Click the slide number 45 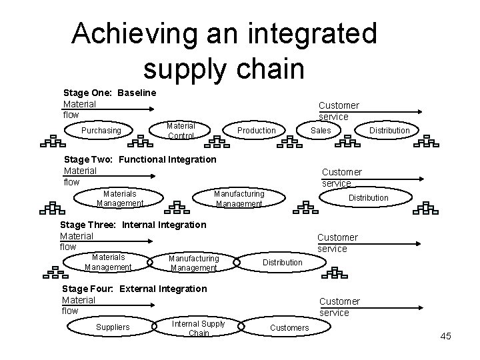[445, 336]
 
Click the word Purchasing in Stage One [101, 131]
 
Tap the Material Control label [181, 131]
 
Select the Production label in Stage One [257, 131]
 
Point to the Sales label [321, 131]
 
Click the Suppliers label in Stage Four [113, 327]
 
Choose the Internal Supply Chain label [199, 328]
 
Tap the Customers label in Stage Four [289, 327]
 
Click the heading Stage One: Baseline [109, 92]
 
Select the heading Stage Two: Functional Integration [139, 159]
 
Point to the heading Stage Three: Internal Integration [133, 224]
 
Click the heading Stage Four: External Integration [134, 289]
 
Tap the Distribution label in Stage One [389, 131]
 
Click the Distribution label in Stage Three [282, 263]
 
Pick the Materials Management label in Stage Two [120, 198]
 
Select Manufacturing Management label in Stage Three [193, 263]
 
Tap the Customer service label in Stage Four [339, 307]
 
